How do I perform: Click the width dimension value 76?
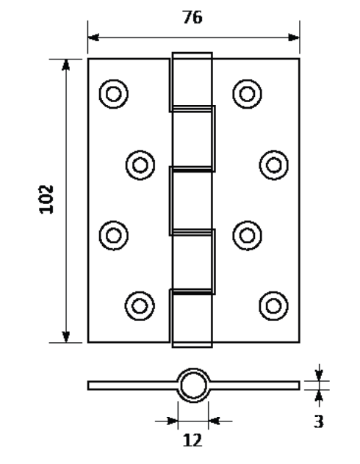(x=192, y=17)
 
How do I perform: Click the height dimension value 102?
(x=46, y=199)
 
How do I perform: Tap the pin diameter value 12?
(x=192, y=441)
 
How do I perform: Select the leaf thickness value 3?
(x=319, y=421)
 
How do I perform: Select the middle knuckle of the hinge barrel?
(x=192, y=201)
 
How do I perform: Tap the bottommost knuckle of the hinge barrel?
(x=192, y=318)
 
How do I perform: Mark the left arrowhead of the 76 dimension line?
(x=93, y=37)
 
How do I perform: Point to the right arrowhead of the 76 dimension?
(x=294, y=37)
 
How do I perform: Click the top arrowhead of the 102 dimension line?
(x=65, y=65)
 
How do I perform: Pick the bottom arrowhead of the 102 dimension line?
(x=65, y=337)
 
